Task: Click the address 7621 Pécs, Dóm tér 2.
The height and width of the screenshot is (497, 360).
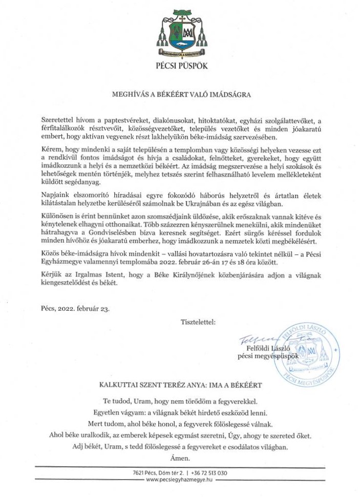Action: pyautogui.click(x=161, y=473)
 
